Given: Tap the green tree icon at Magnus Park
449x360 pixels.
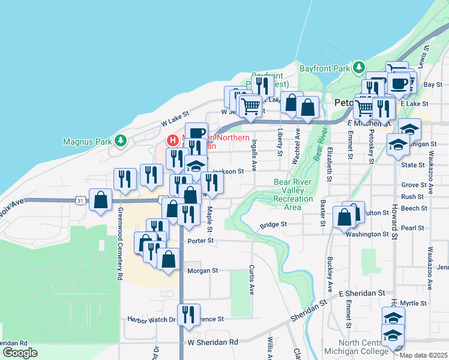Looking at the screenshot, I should (121, 140).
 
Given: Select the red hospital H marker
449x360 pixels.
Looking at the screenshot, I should (173, 140).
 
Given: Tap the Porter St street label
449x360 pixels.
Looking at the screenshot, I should (201, 241).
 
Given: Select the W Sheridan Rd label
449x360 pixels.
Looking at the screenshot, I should (212, 342).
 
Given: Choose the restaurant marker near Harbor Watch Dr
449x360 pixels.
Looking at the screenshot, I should (188, 314).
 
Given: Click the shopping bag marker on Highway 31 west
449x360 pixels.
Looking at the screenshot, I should (101, 200).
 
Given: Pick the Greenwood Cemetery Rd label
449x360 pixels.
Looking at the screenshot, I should (120, 244).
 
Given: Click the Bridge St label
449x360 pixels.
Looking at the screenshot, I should (274, 225).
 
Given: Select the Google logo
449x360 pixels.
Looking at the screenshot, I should (20, 352).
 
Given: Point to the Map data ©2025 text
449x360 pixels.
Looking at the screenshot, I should (423, 355).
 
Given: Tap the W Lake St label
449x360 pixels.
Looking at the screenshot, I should (175, 118).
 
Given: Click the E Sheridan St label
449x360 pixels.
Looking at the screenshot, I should (361, 293).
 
